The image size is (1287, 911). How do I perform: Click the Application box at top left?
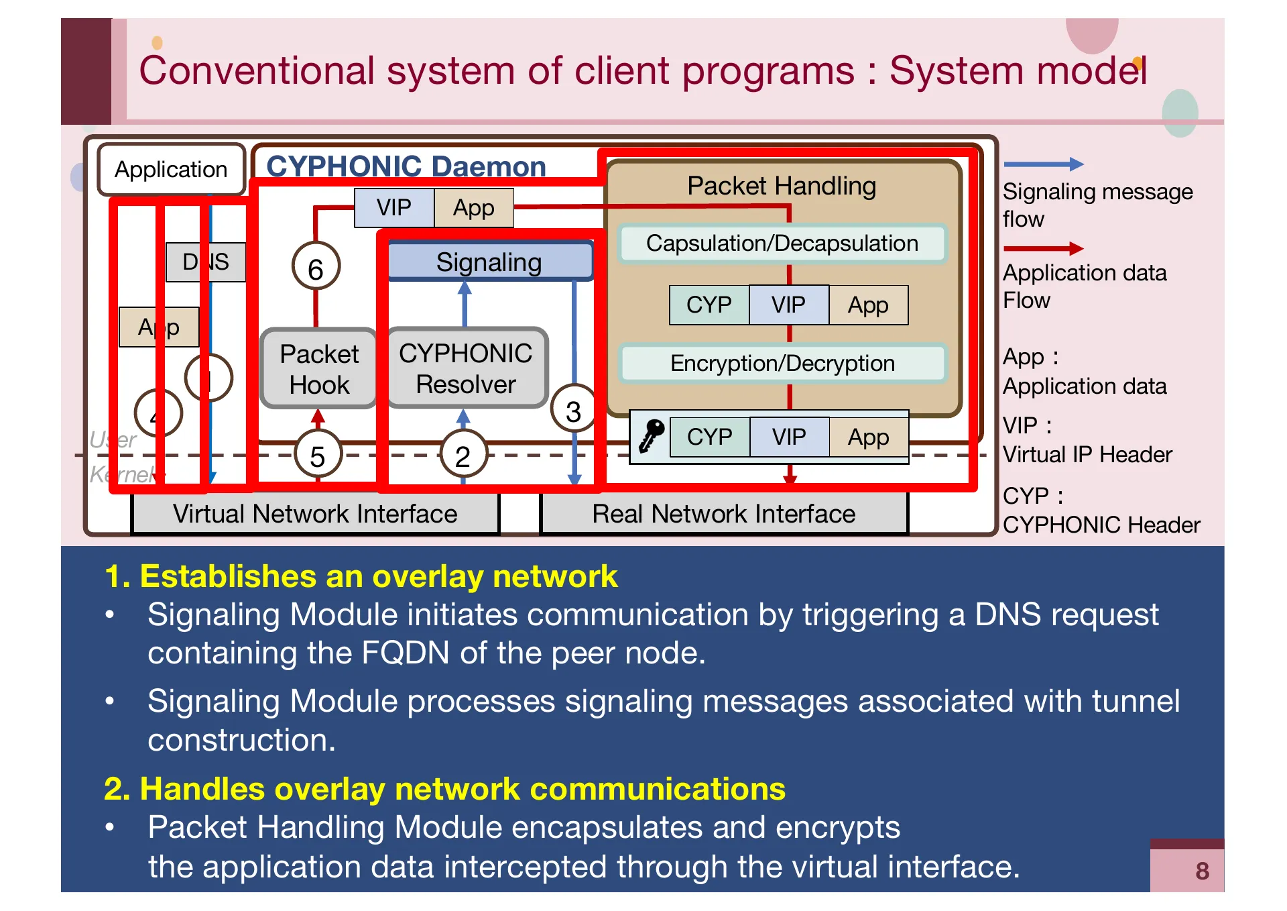171,170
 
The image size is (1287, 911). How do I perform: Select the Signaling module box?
489,262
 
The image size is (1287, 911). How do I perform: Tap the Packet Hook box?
318,369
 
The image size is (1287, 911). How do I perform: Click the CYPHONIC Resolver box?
466,368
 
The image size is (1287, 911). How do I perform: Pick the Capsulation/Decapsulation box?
782,243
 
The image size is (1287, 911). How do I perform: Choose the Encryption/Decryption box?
782,363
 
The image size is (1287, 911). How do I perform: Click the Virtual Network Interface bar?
315,514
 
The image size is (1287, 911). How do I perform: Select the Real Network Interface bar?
724,514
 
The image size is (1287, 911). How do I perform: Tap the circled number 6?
316,268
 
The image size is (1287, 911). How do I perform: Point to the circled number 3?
573,411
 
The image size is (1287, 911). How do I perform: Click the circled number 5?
318,455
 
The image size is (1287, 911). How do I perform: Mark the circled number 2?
463,455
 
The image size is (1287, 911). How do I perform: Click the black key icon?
651,436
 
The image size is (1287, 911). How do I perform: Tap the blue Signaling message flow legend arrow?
1043,164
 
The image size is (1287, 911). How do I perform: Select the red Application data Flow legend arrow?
1043,249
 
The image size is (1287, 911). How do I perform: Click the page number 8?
1202,871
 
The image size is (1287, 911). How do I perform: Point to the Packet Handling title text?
782,186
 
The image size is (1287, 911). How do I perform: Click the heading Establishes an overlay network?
362,576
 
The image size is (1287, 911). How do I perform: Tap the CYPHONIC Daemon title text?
406,166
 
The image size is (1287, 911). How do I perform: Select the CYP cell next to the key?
709,437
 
